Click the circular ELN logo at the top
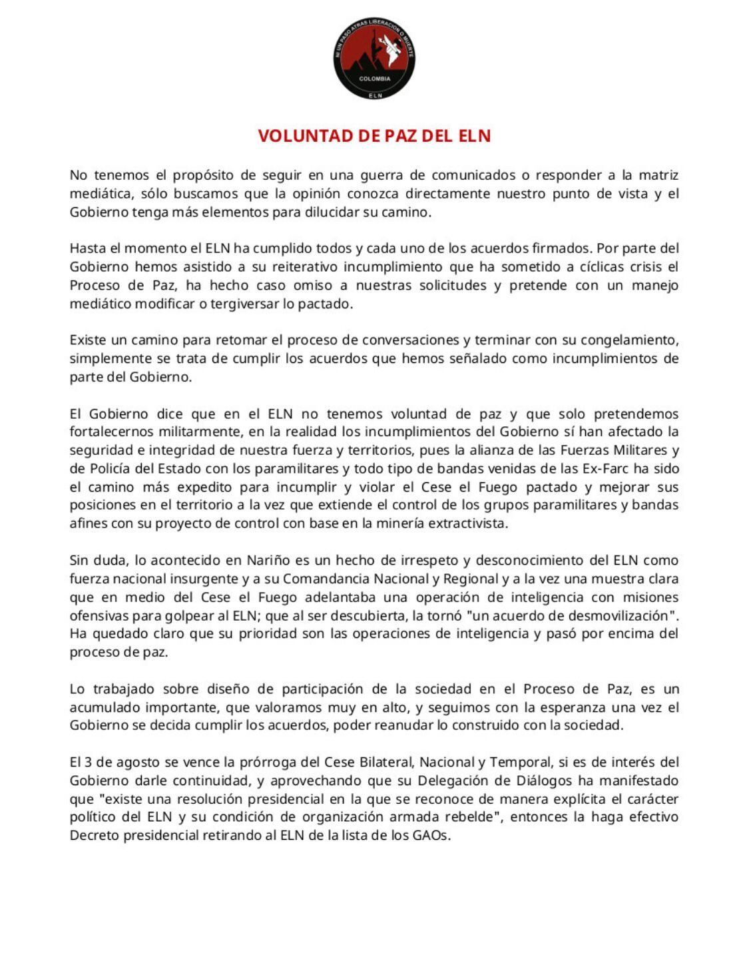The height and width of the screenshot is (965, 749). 374,59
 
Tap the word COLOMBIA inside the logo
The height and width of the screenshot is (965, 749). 374,79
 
